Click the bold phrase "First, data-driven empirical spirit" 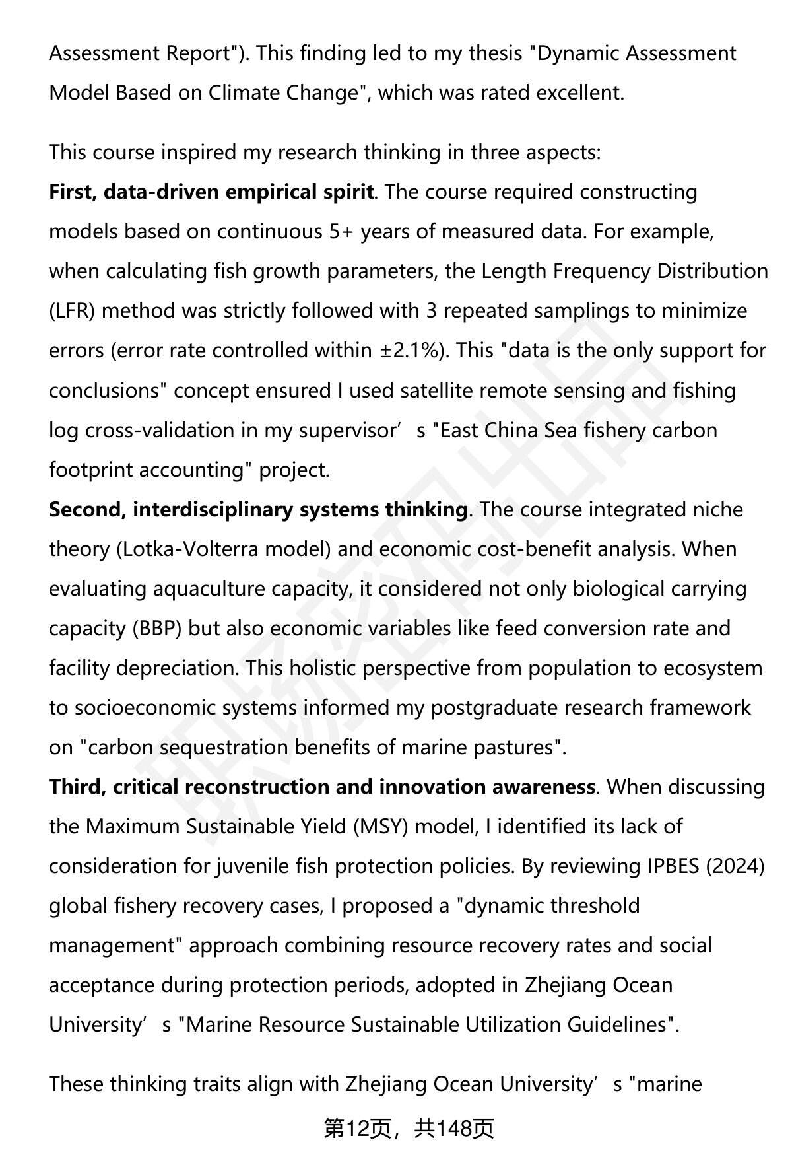point(211,192)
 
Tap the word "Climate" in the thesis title point(247,93)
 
